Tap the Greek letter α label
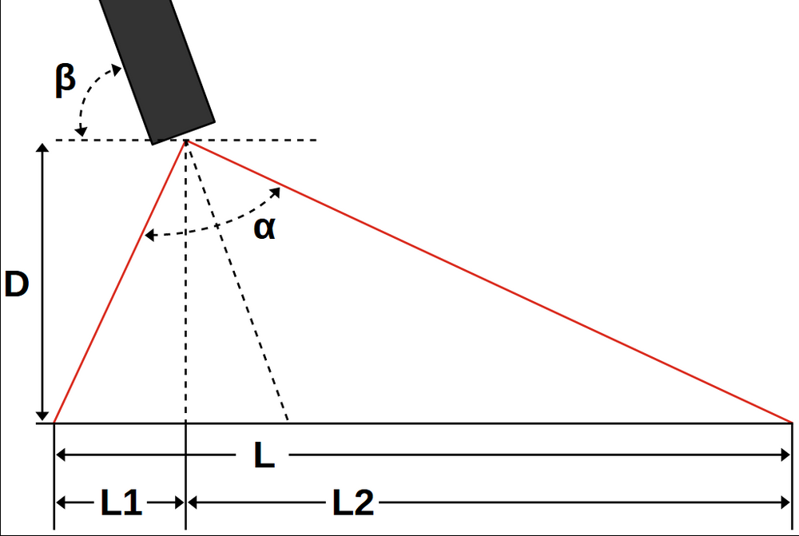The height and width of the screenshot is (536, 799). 264,229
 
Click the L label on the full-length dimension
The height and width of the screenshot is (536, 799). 264,456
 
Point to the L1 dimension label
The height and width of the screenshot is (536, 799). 121,503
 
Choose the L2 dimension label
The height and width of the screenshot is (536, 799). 352,503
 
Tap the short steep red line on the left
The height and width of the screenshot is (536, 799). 120,280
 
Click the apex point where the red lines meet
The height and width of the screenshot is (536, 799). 186,141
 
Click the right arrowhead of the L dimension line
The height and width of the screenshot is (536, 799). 785,455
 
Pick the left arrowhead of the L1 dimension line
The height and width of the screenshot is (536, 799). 61,502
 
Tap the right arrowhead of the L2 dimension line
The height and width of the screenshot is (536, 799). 785,502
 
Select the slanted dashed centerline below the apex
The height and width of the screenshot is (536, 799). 240,288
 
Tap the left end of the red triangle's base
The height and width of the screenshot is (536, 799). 54,422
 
